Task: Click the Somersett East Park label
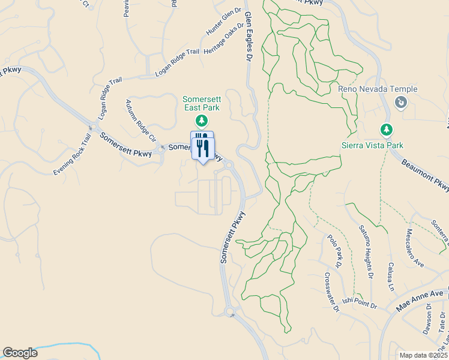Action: (x=202, y=103)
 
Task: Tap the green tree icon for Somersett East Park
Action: (x=202, y=121)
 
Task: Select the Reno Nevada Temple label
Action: (x=378, y=89)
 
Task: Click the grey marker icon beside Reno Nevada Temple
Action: (x=400, y=103)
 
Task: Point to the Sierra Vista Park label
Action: (x=372, y=145)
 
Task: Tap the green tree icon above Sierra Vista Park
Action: (x=387, y=129)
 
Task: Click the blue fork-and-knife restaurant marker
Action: (x=202, y=146)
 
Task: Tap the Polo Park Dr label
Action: (x=335, y=251)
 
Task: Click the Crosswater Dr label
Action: (x=332, y=292)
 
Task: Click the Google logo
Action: (x=20, y=353)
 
